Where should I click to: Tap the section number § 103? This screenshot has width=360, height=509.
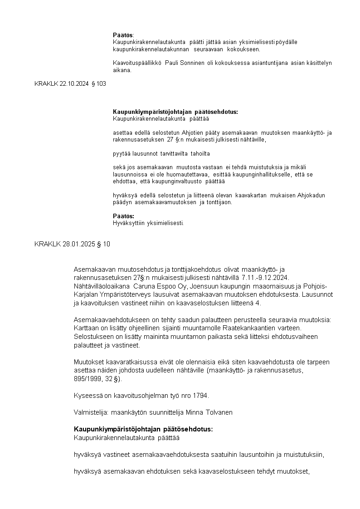pos(98,83)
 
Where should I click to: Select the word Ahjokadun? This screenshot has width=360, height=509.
pos(311,195)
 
